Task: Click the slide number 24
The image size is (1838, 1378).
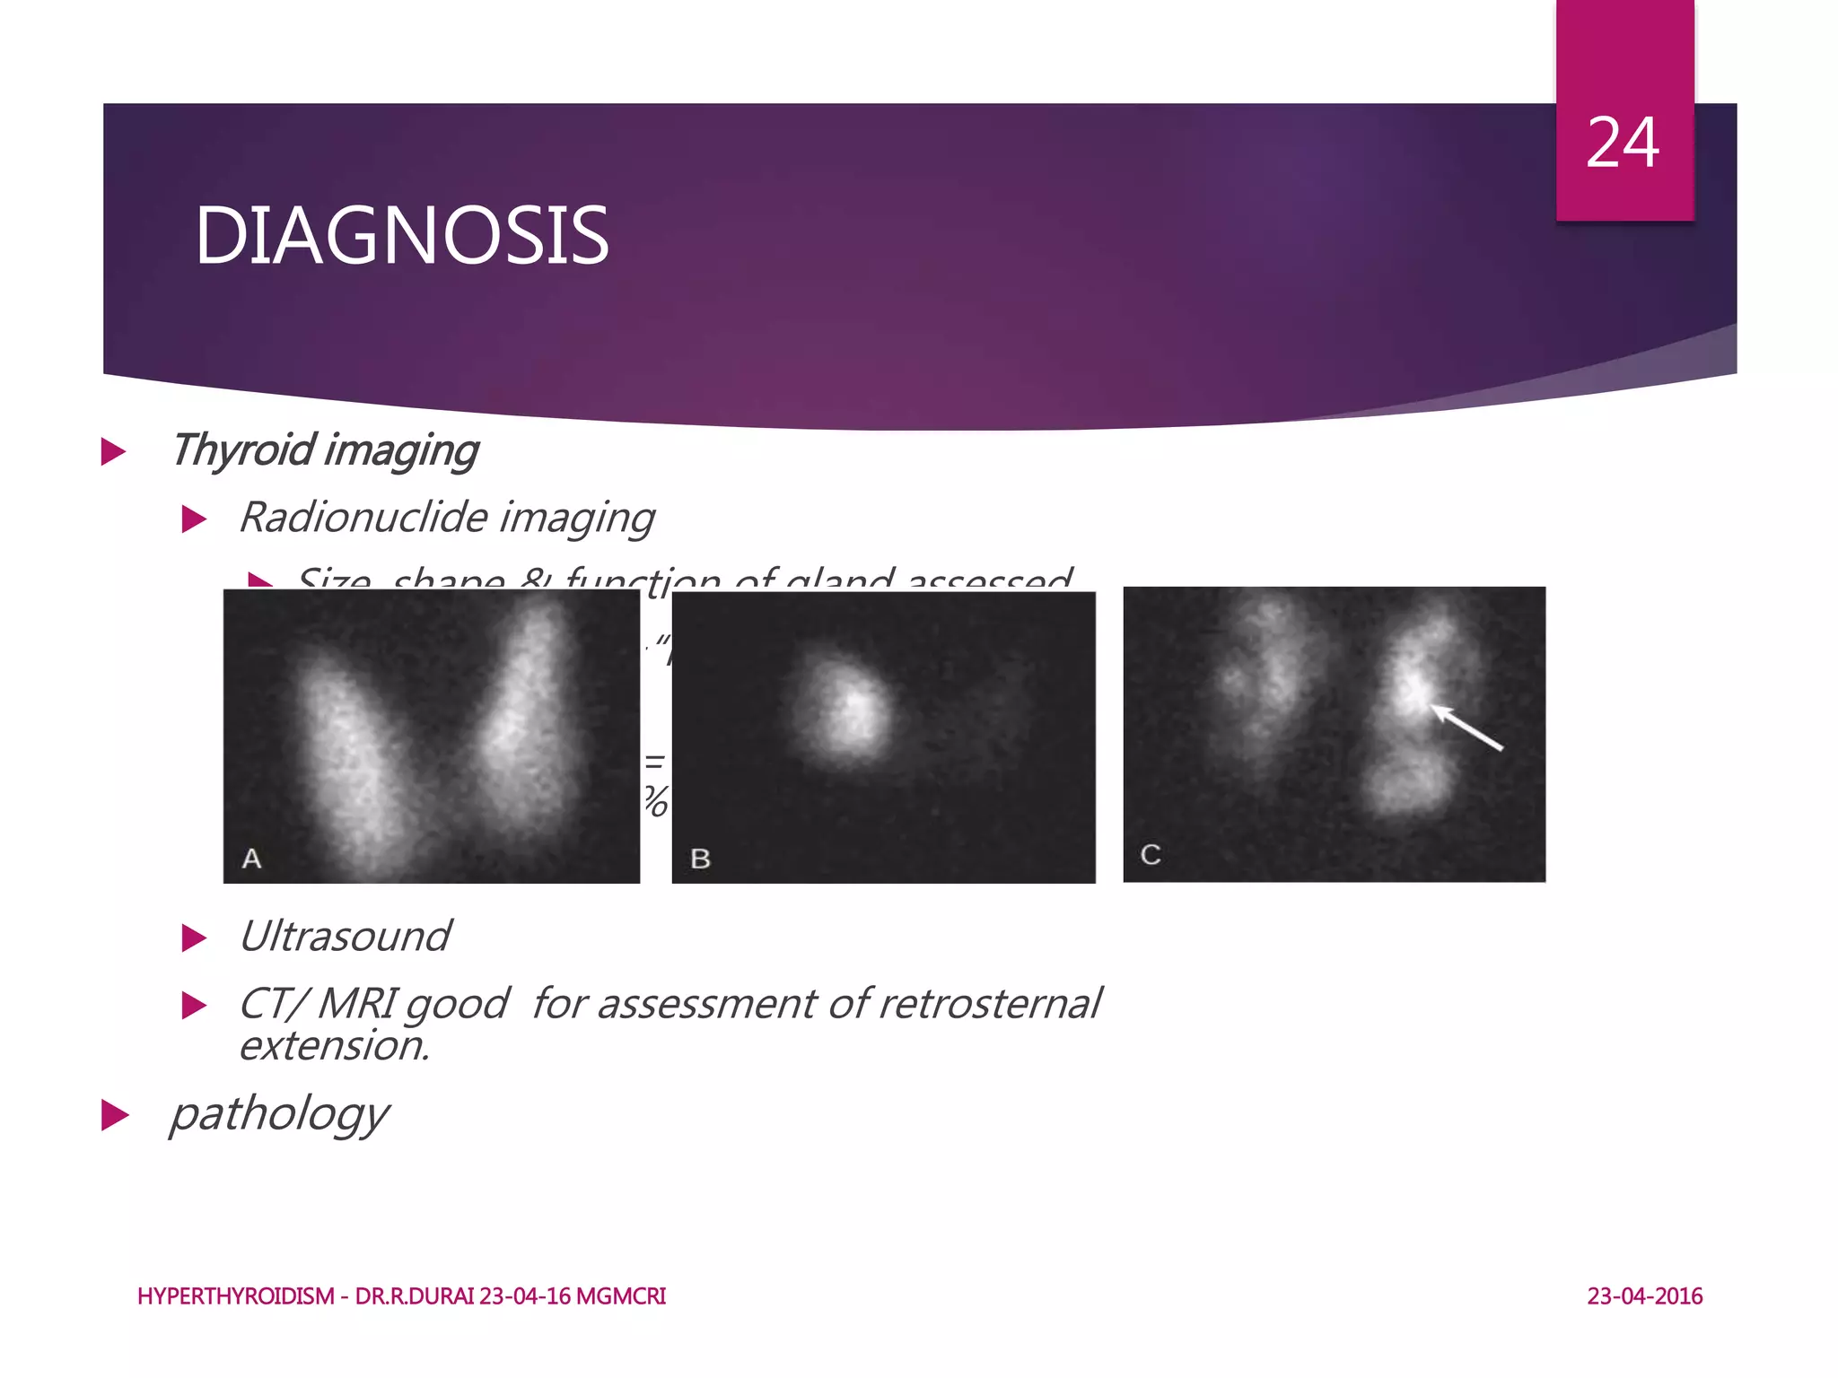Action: [1623, 143]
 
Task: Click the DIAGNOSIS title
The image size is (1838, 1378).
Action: [401, 235]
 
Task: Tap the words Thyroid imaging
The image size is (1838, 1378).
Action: [325, 450]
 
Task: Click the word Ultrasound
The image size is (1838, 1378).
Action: [345, 937]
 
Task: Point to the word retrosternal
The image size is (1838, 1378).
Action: [989, 1003]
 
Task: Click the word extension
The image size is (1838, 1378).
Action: [335, 1046]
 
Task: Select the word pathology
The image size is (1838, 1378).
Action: [279, 1113]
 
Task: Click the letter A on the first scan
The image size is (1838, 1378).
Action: [252, 859]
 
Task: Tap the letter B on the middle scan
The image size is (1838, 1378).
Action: [700, 859]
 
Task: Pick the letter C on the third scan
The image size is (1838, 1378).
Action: [1150, 854]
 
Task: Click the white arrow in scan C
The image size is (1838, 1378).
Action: [1466, 727]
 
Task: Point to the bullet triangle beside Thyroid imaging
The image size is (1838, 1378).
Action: [114, 451]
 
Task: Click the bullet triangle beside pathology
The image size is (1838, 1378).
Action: [115, 1115]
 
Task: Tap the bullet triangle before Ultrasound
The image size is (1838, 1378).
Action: [194, 938]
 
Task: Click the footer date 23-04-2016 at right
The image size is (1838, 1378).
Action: [1644, 1296]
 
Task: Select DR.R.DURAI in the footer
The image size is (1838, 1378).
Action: [415, 1296]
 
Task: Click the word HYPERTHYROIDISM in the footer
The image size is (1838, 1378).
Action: [235, 1296]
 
